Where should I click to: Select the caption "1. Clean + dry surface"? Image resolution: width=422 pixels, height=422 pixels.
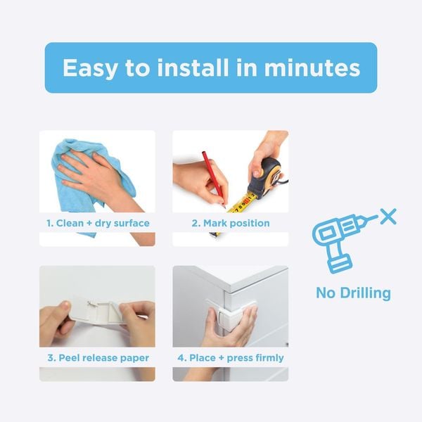coord(98,223)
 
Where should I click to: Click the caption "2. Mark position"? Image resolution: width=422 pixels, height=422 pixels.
coord(231,223)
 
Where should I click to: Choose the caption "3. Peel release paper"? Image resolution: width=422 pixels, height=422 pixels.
coord(98,357)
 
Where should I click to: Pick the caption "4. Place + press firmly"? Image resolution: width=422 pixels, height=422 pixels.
coord(231,357)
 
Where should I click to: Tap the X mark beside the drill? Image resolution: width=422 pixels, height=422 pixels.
coord(387,216)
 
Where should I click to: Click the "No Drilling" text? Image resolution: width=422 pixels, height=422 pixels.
coord(353,293)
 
